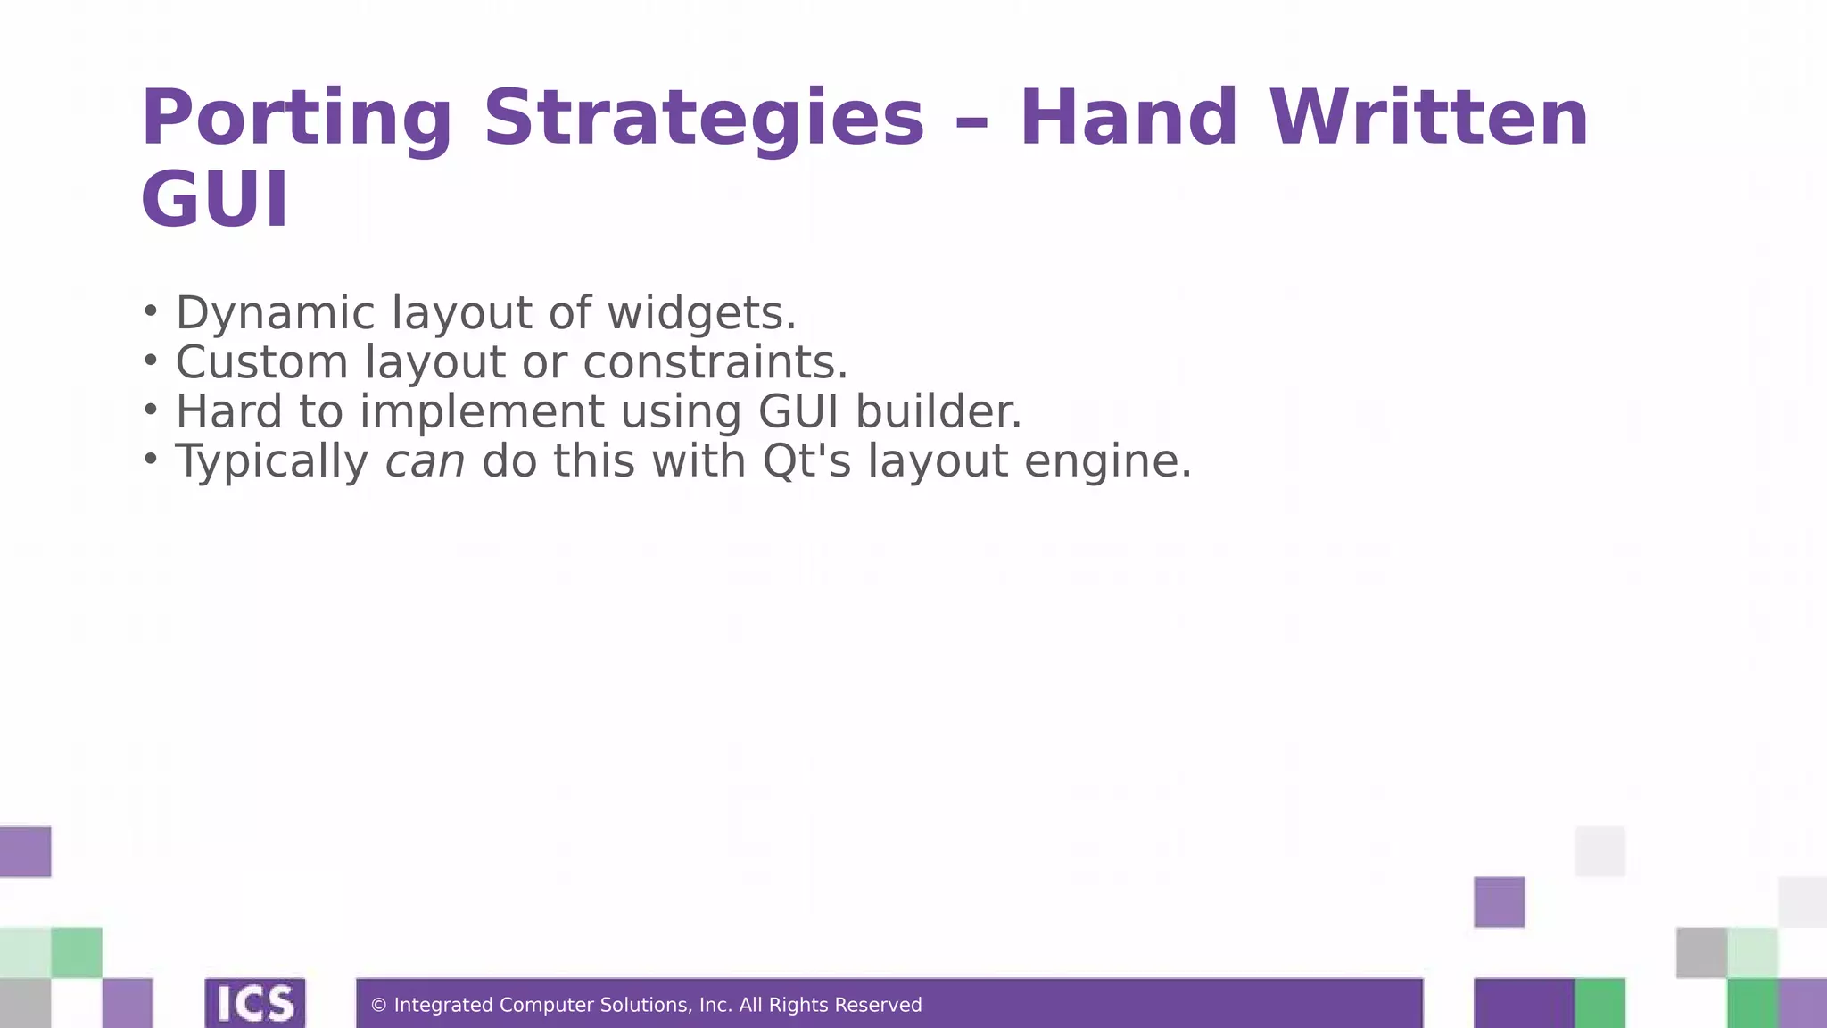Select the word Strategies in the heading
[704, 119]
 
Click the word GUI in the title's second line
[215, 200]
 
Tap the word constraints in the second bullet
[715, 363]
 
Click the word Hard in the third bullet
[228, 412]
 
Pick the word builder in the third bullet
[938, 412]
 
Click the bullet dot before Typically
[151, 459]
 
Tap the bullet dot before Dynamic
[151, 311]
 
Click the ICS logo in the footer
[255, 1003]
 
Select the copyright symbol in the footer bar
[378, 1006]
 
